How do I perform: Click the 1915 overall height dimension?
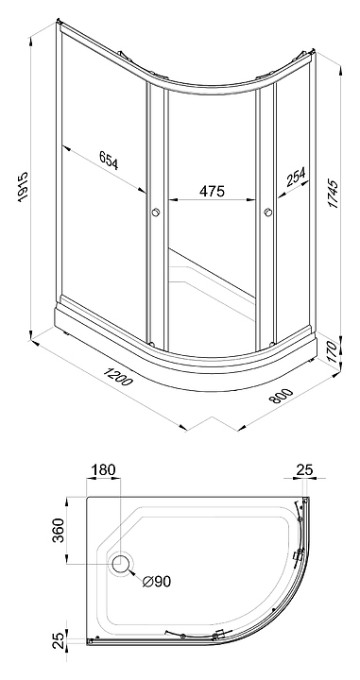pyautogui.click(x=23, y=186)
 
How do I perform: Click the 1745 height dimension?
pyautogui.click(x=334, y=194)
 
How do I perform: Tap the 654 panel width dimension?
pyautogui.click(x=109, y=160)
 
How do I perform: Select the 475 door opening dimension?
pyautogui.click(x=212, y=191)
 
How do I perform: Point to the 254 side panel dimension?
pyautogui.click(x=295, y=177)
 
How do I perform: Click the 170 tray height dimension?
pyautogui.click(x=332, y=351)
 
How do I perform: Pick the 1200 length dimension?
pyautogui.click(x=116, y=376)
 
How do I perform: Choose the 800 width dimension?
pyautogui.click(x=282, y=396)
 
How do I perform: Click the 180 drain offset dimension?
pyautogui.click(x=104, y=469)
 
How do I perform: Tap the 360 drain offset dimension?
pyautogui.click(x=59, y=530)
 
